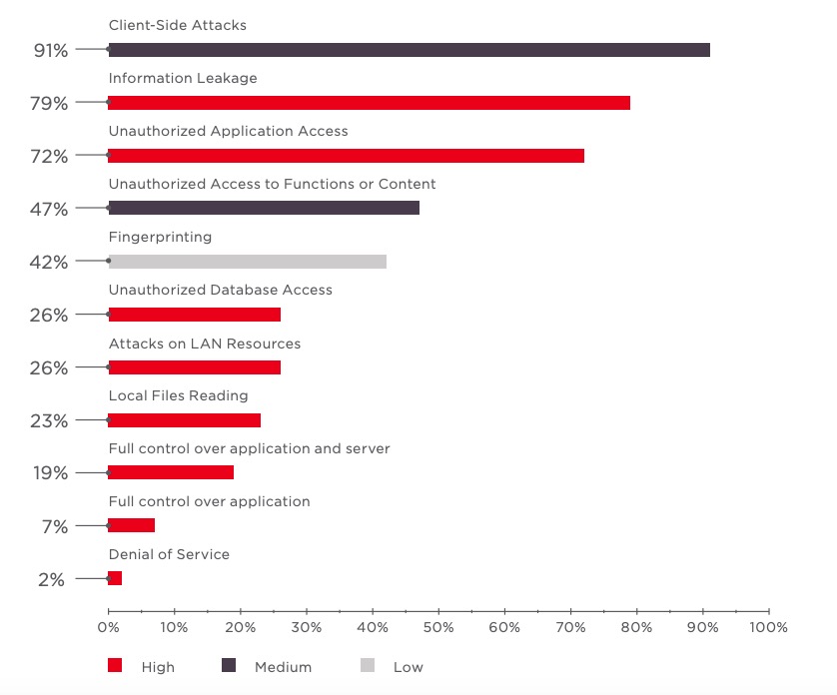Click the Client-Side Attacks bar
tap(409, 50)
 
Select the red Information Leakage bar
tap(369, 103)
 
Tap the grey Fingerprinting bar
tap(247, 262)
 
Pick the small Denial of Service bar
tap(115, 578)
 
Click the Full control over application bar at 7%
tap(131, 525)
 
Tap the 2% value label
tap(51, 579)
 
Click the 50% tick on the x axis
tap(438, 627)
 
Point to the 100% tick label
tap(768, 627)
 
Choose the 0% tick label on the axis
tap(108, 627)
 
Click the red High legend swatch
tap(115, 666)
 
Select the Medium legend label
tap(283, 667)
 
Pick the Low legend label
tap(408, 667)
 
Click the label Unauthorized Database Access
tap(220, 290)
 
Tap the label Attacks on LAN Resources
tap(204, 343)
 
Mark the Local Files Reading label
tap(178, 395)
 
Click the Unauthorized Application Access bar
tap(346, 156)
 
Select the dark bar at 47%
tap(264, 209)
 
